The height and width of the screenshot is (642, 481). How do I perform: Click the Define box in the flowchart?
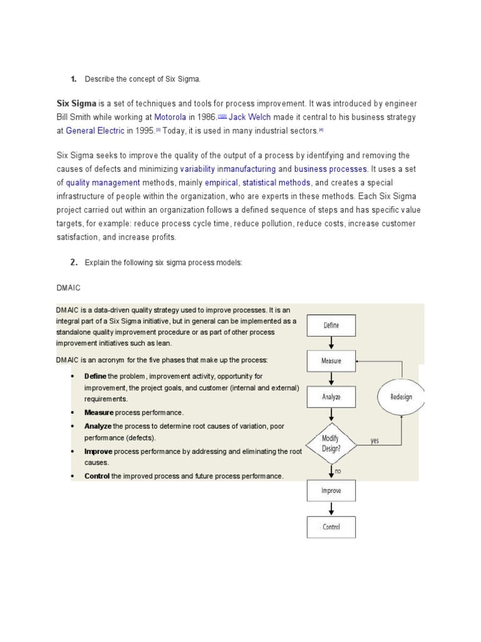331,325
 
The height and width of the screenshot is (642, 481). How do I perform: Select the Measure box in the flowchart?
331,360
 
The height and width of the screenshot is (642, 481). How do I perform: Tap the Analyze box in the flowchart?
331,396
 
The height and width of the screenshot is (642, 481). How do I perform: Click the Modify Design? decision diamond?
331,440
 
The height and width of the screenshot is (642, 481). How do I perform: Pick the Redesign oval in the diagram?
401,397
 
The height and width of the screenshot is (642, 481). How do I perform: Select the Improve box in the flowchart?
331,490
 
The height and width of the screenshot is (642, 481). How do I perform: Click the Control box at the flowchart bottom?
331,527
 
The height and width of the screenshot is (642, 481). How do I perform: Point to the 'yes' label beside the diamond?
375,441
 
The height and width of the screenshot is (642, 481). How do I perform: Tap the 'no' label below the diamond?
338,470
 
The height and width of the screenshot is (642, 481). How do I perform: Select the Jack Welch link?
249,117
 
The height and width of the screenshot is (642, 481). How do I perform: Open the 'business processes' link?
331,169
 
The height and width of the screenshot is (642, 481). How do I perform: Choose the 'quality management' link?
103,182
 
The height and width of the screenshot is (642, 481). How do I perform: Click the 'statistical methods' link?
276,182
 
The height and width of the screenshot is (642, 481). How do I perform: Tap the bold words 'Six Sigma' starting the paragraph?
76,103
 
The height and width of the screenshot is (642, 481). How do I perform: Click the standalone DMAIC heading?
68,287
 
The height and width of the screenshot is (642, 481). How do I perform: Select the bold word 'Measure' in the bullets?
99,413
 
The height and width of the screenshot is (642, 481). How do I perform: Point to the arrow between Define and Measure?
331,343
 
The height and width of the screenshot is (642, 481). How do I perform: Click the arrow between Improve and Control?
331,508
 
